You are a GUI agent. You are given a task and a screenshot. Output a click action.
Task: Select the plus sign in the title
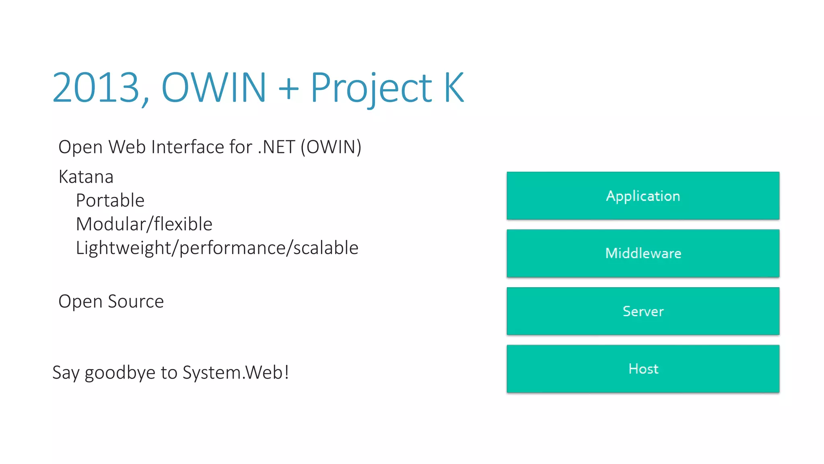tap(288, 88)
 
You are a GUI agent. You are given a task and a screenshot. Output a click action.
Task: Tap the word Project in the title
tap(371, 88)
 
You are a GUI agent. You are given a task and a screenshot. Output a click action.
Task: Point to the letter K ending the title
tap(454, 87)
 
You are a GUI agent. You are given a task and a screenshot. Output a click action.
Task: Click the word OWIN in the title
tap(214, 87)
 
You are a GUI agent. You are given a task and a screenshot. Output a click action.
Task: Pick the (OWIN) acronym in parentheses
tap(331, 147)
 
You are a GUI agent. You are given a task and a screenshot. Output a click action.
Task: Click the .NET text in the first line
tap(276, 147)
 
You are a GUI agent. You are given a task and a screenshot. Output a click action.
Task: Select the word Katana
tap(86, 177)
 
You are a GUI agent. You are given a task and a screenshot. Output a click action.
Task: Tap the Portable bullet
tap(110, 201)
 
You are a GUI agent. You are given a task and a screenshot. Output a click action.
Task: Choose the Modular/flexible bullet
tap(144, 224)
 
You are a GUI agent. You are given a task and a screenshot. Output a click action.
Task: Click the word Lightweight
tap(123, 248)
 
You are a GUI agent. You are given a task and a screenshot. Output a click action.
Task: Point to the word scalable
tap(325, 248)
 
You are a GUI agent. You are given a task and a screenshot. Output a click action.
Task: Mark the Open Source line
tap(111, 302)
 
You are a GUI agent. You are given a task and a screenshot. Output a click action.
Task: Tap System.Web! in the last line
tap(236, 373)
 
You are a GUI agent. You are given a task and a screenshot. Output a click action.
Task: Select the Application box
tap(643, 196)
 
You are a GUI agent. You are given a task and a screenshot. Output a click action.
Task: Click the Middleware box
tap(643, 253)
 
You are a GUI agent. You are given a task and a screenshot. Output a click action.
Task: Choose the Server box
tap(643, 311)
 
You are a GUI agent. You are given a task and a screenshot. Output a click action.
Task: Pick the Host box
tap(643, 369)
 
